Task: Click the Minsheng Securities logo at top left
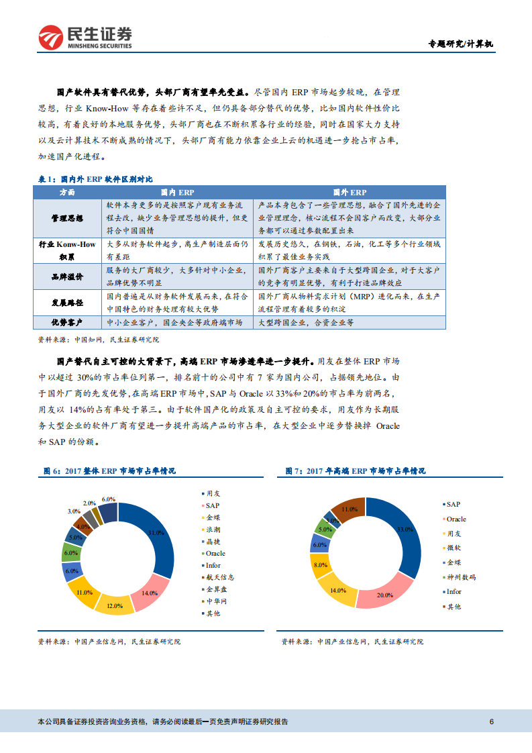click(85, 38)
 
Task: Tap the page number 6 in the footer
click(492, 721)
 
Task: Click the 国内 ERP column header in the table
click(177, 192)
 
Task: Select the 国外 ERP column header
click(350, 192)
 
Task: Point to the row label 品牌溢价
click(68, 277)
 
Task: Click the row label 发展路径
click(68, 303)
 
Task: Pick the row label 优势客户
click(68, 323)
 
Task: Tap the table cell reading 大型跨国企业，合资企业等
click(305, 323)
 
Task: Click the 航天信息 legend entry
click(219, 577)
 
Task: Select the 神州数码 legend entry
click(461, 577)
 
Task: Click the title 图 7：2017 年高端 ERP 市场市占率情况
click(355, 471)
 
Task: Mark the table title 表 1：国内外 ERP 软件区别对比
click(95, 179)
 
